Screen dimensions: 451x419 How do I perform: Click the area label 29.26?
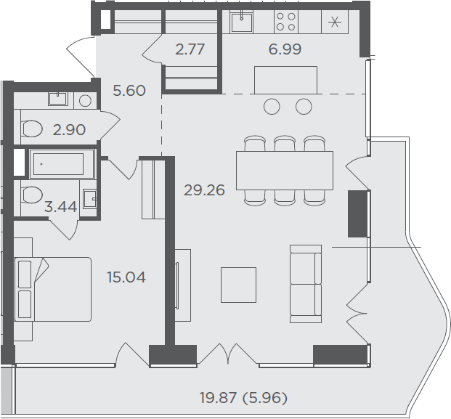click(204, 190)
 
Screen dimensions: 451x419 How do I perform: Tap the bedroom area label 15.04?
click(126, 277)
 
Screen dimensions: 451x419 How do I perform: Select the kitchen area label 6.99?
click(285, 49)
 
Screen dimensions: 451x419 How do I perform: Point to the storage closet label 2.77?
click(190, 49)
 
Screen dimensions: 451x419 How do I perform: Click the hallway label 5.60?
click(129, 91)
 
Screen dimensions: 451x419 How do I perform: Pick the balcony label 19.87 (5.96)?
click(243, 398)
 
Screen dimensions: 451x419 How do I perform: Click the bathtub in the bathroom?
click(62, 164)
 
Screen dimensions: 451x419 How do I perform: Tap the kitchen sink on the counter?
click(242, 22)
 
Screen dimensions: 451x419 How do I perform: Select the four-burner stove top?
click(285, 22)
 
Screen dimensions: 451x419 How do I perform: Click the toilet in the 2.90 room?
click(32, 129)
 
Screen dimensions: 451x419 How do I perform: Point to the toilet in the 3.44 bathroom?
click(32, 195)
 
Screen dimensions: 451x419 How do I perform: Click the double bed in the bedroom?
click(52, 289)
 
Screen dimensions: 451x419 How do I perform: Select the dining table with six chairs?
click(285, 171)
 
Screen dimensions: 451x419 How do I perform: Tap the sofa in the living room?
click(306, 284)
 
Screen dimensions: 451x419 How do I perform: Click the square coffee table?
click(238, 285)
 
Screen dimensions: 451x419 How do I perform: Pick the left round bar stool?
click(272, 107)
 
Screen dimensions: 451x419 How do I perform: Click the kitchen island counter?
click(285, 80)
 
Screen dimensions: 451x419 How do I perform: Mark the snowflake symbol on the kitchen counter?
click(335, 22)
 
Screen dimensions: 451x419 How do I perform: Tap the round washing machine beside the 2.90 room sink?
click(85, 101)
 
